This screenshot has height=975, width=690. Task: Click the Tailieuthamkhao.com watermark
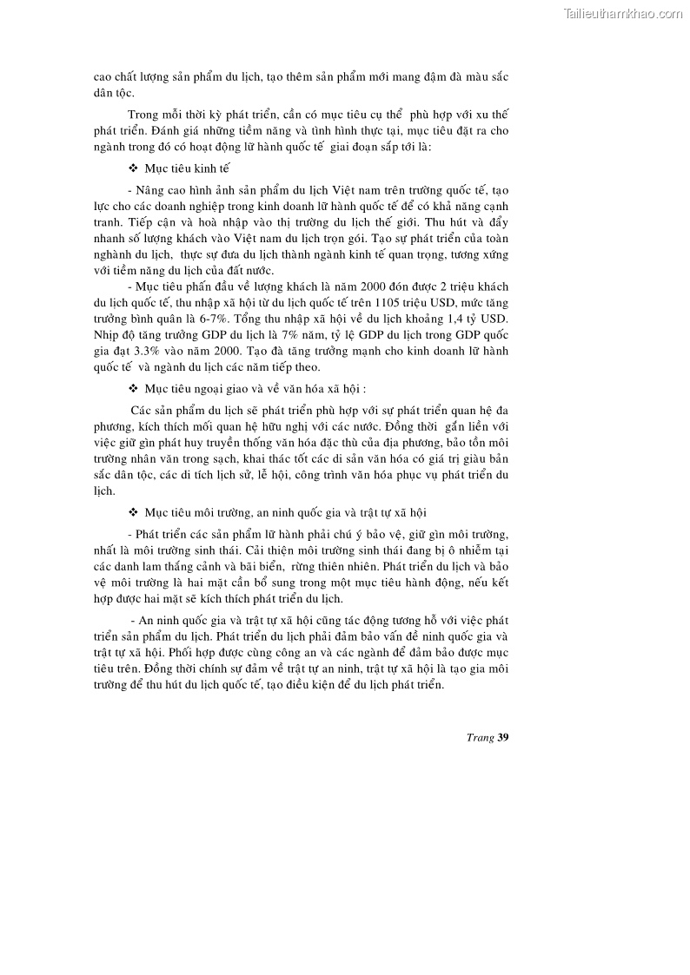(x=623, y=13)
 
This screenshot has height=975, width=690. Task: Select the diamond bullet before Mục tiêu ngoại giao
(x=133, y=387)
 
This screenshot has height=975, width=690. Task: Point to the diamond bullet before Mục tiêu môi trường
(x=133, y=512)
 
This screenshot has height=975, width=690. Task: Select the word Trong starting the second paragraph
(x=143, y=115)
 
